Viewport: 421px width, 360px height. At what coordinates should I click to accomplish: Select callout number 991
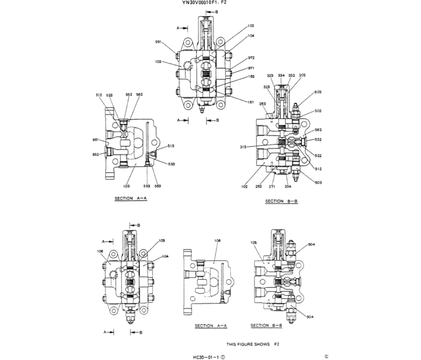coord(158,42)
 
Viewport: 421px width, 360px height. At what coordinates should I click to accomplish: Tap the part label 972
coord(251,58)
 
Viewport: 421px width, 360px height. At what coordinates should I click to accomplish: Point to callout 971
coord(251,68)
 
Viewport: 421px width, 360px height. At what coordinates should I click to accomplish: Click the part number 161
coord(251,102)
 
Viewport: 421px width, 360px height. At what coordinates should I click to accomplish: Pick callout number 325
coord(270,75)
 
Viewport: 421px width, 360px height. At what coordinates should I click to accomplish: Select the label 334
coord(281,75)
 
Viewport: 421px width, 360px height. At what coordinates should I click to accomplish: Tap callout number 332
coord(292,75)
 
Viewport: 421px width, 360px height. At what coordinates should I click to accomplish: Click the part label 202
coord(303,75)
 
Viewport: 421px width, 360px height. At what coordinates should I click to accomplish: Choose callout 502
coord(318,111)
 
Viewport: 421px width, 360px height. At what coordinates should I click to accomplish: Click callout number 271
coord(272,187)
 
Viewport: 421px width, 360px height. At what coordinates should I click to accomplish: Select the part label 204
coord(288,187)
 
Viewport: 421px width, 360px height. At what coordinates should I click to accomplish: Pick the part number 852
coord(95,155)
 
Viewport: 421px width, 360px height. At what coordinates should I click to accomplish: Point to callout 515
coord(171,146)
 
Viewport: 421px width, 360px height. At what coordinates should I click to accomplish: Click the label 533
coord(171,164)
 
